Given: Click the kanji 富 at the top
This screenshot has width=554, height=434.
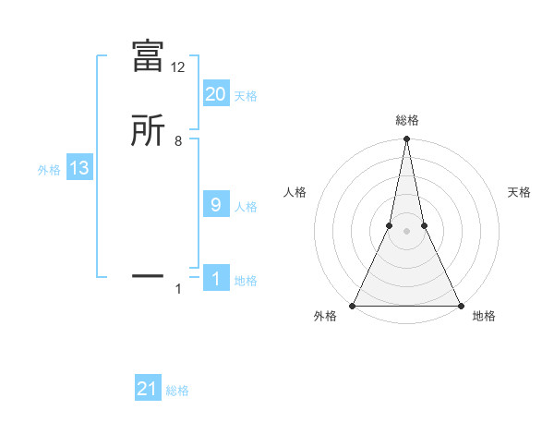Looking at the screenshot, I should click(x=149, y=56).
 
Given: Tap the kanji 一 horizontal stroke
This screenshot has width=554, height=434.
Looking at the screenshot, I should click(x=149, y=274).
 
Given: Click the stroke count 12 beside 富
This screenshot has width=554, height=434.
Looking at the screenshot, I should click(x=178, y=67).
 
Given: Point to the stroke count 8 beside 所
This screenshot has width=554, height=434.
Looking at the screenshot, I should click(x=178, y=141).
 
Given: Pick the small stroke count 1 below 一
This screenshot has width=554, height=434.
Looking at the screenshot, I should click(x=178, y=290).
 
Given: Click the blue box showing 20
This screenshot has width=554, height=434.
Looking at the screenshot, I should click(x=216, y=93).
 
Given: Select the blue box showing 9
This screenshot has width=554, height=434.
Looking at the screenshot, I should click(x=216, y=205).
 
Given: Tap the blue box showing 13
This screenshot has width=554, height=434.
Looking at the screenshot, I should click(x=78, y=168).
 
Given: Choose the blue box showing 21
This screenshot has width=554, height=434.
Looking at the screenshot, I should click(x=148, y=389).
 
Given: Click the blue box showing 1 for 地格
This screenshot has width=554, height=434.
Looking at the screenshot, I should click(x=216, y=279).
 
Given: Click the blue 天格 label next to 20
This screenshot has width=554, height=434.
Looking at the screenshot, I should click(x=246, y=95).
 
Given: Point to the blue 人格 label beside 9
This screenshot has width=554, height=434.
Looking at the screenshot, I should click(x=246, y=207).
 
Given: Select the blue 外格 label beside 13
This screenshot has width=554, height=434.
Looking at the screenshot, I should click(x=49, y=170).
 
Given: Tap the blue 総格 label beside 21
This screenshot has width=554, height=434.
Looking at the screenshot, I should click(x=177, y=391).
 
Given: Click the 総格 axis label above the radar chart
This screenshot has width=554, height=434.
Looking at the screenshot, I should click(x=406, y=121).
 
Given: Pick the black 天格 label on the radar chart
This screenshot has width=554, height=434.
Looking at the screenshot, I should click(x=520, y=192).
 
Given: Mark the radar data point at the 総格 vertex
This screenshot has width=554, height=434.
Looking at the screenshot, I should click(x=406, y=139).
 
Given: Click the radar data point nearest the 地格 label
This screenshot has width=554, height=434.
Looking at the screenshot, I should click(x=460, y=305).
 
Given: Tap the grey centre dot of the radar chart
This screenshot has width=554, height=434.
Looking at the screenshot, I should click(x=406, y=231).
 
